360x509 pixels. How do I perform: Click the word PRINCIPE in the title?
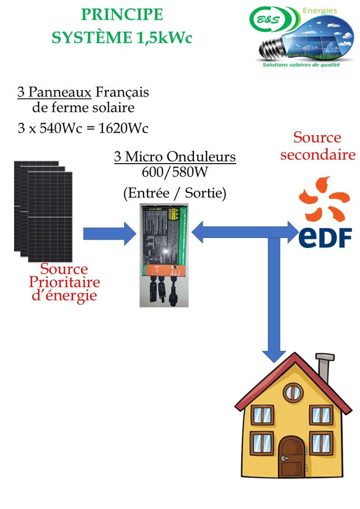point(122,15)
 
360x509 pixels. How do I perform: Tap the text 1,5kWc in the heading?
point(164,38)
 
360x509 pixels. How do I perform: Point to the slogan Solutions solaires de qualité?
point(301,65)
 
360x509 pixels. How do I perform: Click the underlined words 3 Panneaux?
point(55,92)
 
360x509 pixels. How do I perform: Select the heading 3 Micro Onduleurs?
point(175,157)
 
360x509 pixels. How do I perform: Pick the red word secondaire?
point(318,155)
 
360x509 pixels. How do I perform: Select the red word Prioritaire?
point(64,282)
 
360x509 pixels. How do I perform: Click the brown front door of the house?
point(291,456)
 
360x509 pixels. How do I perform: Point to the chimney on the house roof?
point(324,368)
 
